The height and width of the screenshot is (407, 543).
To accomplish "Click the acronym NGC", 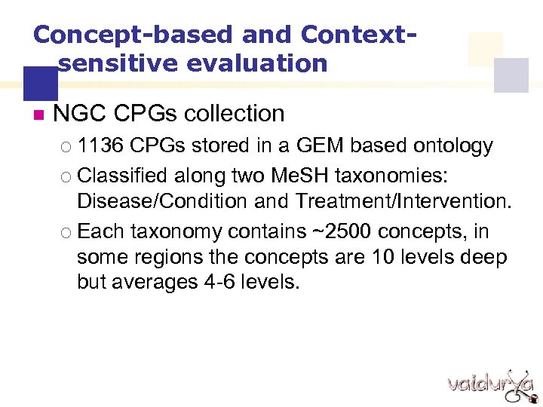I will pyautogui.click(x=79, y=114).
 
